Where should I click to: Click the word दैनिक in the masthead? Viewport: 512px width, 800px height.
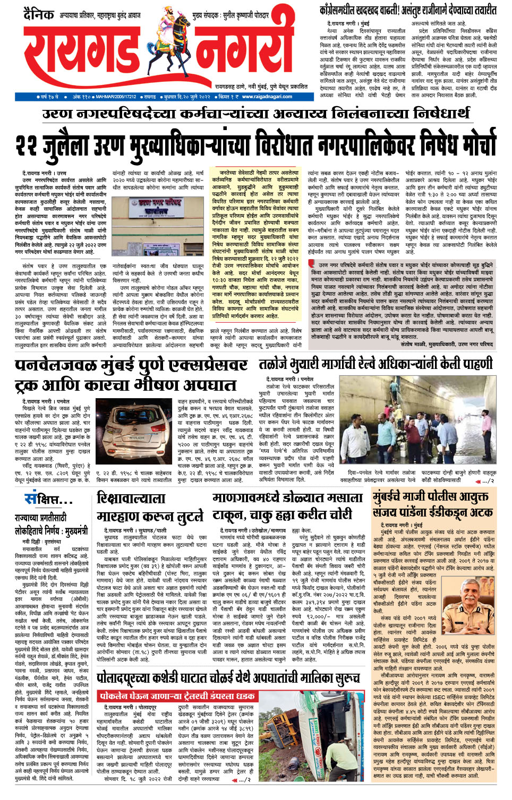[38, 15]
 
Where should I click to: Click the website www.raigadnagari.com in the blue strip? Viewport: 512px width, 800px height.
[267, 97]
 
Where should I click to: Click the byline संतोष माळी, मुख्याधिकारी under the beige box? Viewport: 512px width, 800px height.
[447, 345]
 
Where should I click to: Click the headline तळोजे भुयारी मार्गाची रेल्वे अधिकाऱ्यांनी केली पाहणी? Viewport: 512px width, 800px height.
[376, 364]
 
